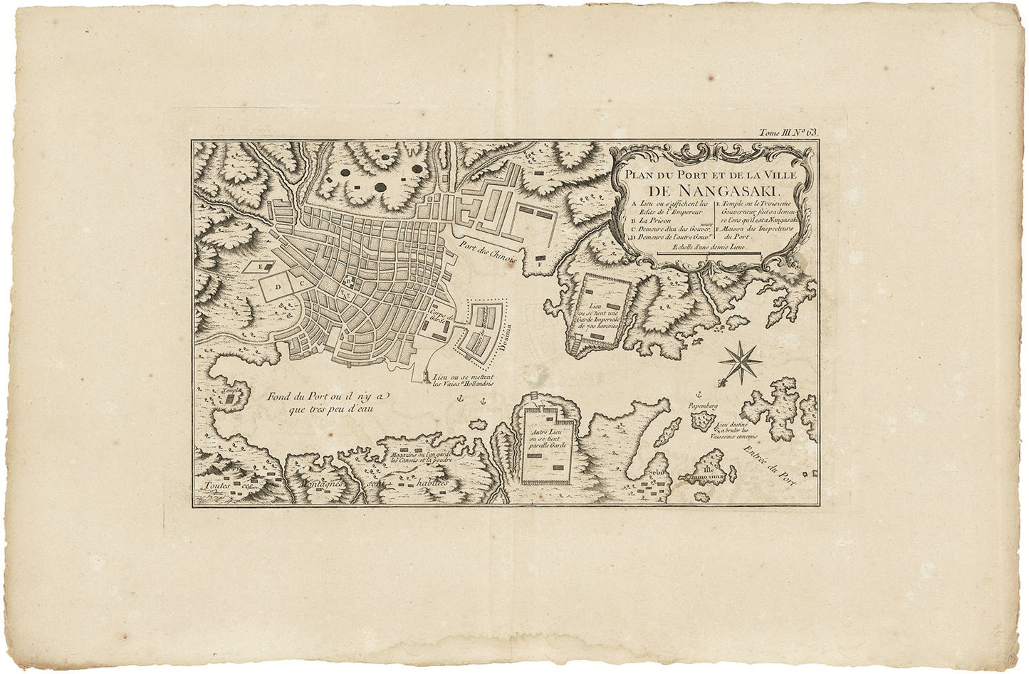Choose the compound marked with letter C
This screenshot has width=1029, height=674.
301,283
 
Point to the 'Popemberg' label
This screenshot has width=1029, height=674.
701,406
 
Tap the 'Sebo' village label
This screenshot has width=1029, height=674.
656,473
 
